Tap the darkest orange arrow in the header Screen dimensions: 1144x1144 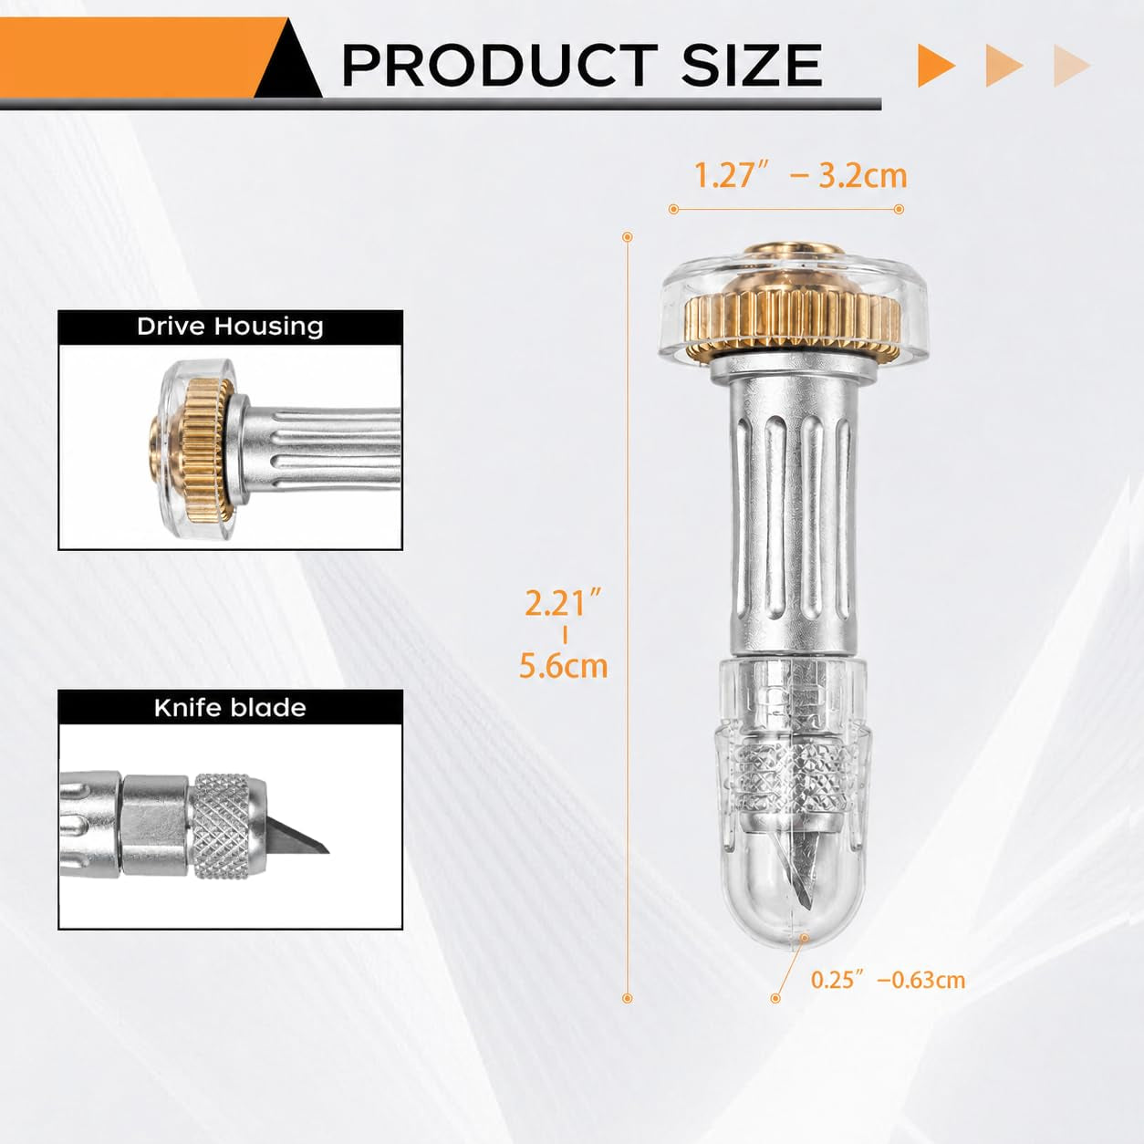(x=936, y=66)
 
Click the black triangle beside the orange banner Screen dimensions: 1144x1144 (x=289, y=62)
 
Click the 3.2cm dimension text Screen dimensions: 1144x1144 (x=863, y=176)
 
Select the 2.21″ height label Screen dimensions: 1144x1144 (x=564, y=603)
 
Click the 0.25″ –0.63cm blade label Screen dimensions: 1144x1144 (x=889, y=979)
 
